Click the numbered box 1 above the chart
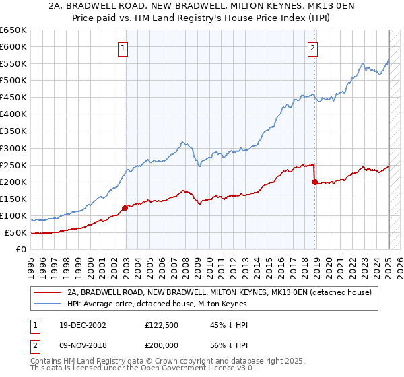(125, 47)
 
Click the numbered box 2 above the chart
(314, 47)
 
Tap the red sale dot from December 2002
(125, 208)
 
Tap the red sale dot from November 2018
(314, 182)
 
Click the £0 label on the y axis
(22, 250)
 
